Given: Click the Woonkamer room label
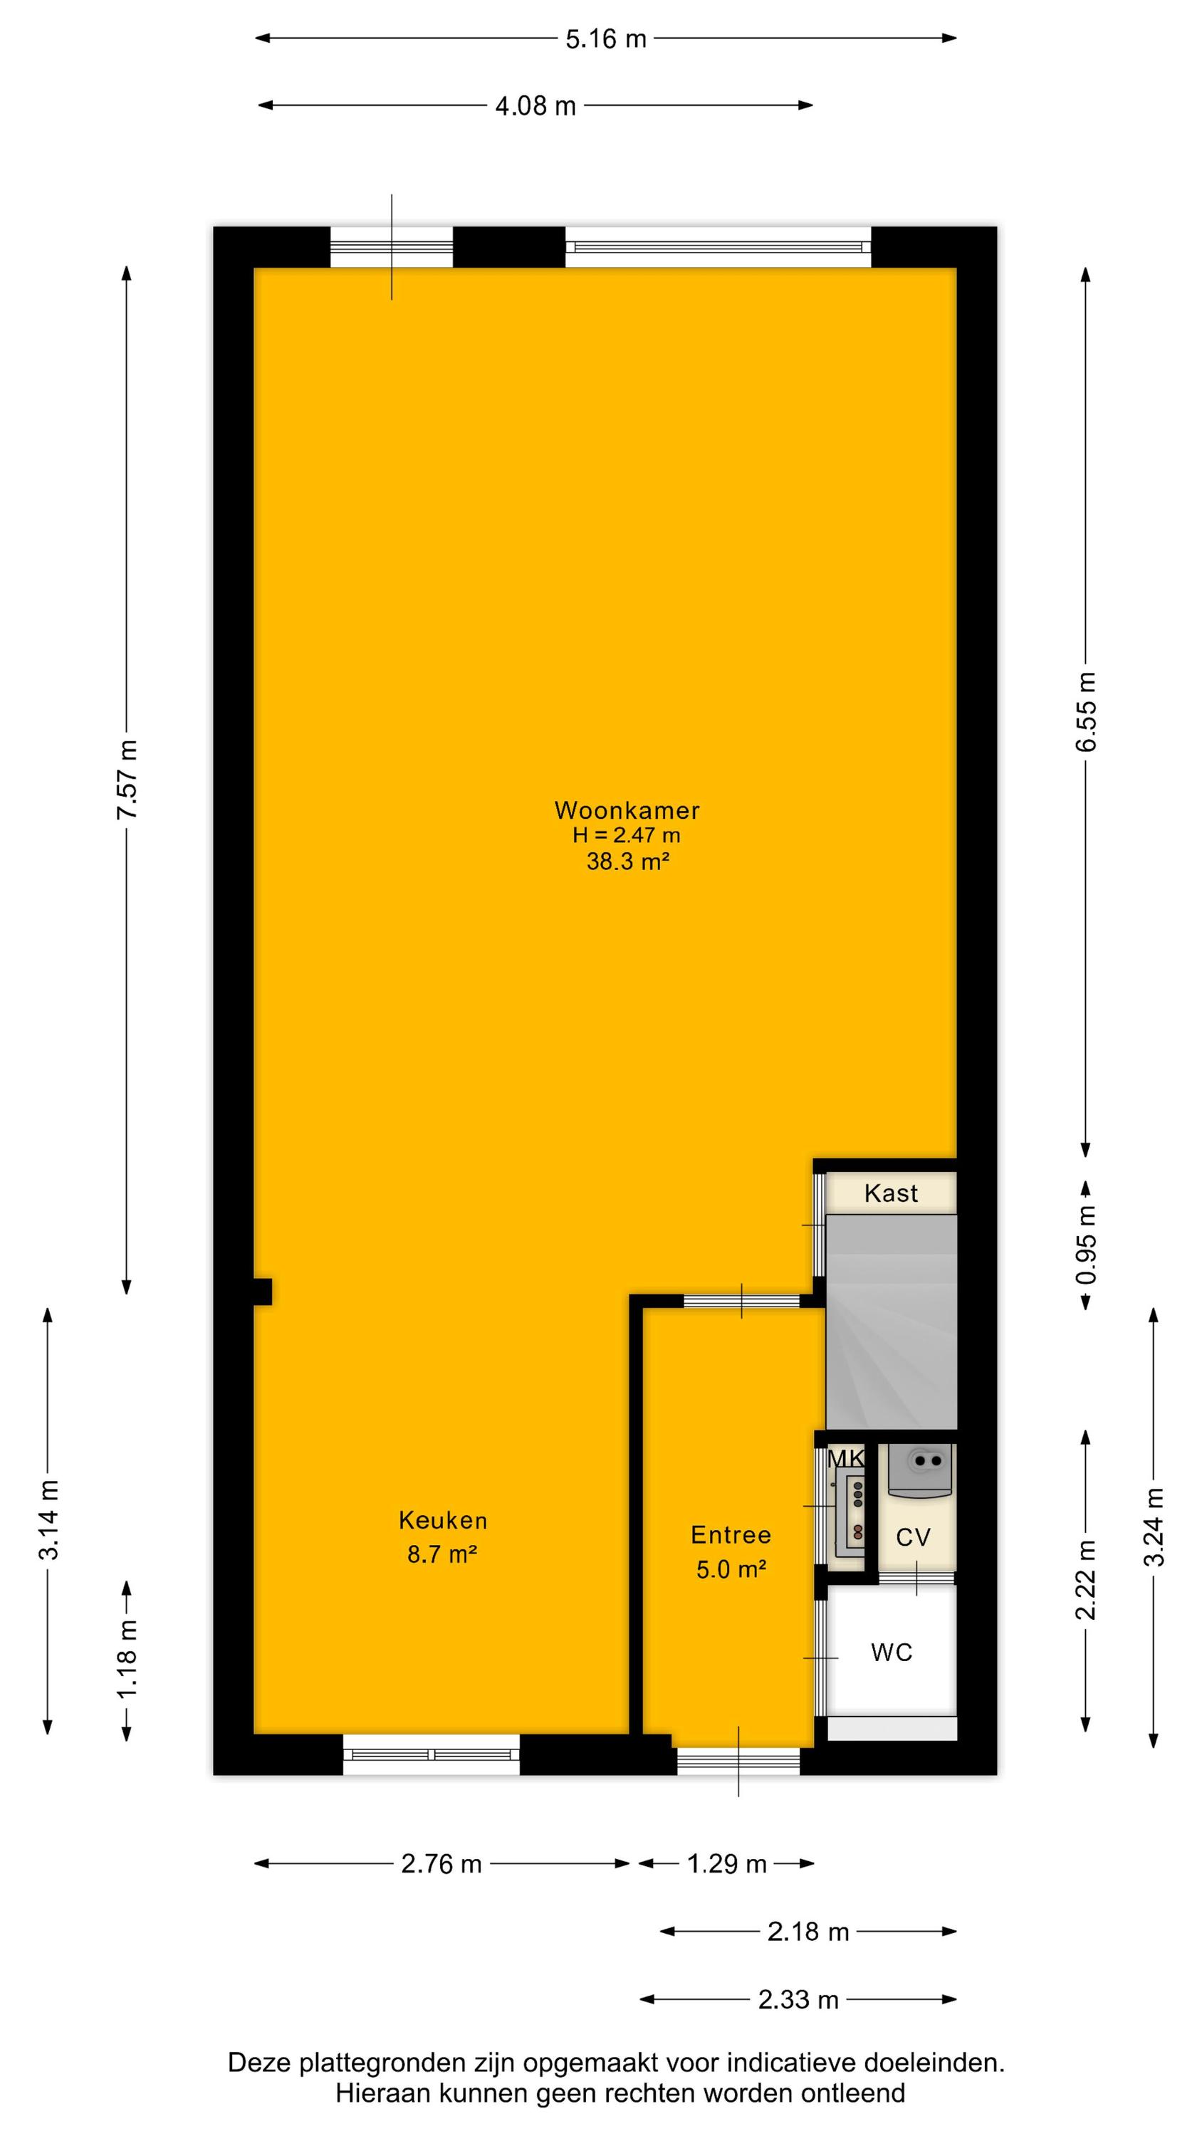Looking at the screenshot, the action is click(x=627, y=810).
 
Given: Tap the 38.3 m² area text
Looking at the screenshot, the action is click(x=628, y=862).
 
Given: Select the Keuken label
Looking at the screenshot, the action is click(x=443, y=1520).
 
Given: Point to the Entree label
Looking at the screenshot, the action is click(x=731, y=1535).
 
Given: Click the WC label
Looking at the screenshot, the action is click(x=892, y=1653).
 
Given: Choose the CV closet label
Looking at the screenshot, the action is click(x=914, y=1537).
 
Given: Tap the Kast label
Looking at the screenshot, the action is click(x=891, y=1193).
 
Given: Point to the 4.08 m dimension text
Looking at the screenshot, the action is click(x=535, y=106).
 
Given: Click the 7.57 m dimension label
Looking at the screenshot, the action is click(x=127, y=779).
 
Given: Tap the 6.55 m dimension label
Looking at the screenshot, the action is click(x=1086, y=711).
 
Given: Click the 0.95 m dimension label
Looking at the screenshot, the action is click(x=1086, y=1244).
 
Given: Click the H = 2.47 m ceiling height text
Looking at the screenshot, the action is click(x=627, y=836).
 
